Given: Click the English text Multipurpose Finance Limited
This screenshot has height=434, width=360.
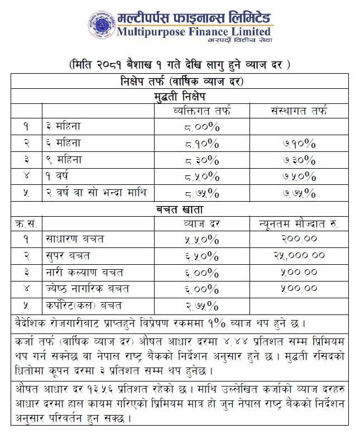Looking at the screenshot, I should coord(194,31).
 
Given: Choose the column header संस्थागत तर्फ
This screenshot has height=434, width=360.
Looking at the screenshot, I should coord(295,111).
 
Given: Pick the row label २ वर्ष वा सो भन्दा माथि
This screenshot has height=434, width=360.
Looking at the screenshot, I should coord(97,193).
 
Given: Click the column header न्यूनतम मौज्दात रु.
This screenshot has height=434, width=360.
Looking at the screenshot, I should coord(295,224).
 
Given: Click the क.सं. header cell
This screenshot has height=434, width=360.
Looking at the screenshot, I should coord(26,224).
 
